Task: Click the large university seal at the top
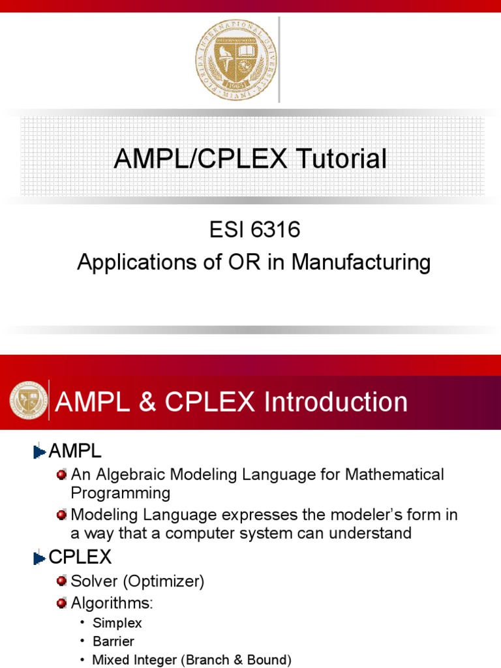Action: [235, 59]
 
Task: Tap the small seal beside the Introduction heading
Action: [28, 400]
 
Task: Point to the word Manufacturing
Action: [361, 263]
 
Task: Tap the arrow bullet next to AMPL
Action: [39, 451]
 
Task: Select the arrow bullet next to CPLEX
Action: [39, 558]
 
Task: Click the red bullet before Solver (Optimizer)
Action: [62, 581]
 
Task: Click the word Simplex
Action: [117, 623]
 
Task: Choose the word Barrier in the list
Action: [114, 641]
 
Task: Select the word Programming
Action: [121, 493]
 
